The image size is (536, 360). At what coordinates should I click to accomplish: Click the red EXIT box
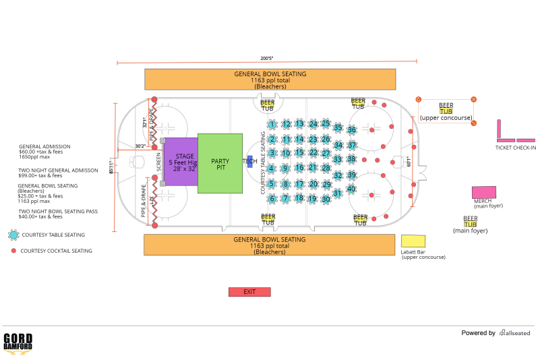(x=249, y=292)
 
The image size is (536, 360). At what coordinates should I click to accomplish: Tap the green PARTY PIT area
(x=220, y=163)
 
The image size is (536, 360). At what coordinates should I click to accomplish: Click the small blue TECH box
(x=249, y=161)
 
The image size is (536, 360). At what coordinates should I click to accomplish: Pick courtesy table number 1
(x=272, y=125)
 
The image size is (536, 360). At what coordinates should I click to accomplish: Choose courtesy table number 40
(x=351, y=189)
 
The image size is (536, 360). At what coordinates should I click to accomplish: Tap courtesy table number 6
(x=272, y=199)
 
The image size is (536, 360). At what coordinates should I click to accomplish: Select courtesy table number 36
(x=351, y=129)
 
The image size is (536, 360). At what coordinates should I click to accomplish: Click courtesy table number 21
(x=313, y=167)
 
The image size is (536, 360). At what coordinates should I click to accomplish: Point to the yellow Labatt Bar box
(x=413, y=241)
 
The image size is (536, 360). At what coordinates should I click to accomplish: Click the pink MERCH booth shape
(x=483, y=192)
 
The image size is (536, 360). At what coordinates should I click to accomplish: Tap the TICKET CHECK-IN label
(x=516, y=148)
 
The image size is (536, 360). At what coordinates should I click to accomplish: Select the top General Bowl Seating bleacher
(x=270, y=79)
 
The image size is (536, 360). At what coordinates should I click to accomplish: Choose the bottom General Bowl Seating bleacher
(x=269, y=245)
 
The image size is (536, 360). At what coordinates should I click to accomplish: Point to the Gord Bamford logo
(x=18, y=342)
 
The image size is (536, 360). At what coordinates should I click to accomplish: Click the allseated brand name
(x=516, y=333)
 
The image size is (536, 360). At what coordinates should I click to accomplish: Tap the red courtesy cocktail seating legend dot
(x=13, y=251)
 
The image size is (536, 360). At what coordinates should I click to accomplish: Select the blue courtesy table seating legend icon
(x=13, y=235)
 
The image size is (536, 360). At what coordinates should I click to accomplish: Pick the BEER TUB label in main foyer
(x=470, y=221)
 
